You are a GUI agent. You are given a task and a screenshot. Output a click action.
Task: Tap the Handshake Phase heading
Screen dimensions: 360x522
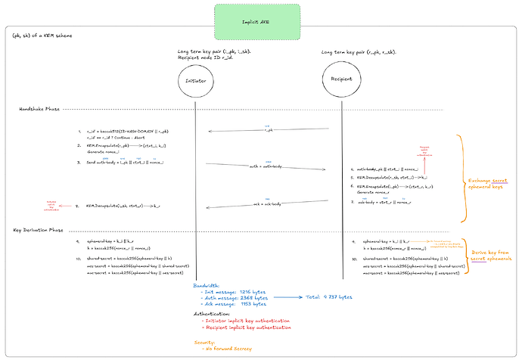pyautogui.click(x=39, y=110)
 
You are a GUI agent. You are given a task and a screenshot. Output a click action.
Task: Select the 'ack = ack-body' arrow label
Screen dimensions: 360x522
pyautogui.click(x=265, y=203)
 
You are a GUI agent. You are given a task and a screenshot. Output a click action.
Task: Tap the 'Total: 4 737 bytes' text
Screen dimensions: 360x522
pyautogui.click(x=328, y=297)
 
